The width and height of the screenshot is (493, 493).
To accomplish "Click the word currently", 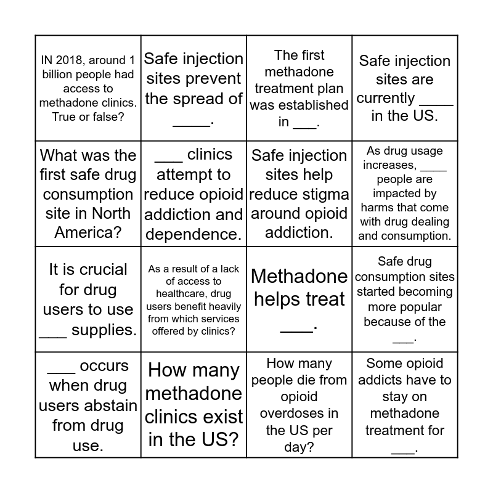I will pos(386,98).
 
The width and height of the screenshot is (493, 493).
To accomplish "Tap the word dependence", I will pos(192,235).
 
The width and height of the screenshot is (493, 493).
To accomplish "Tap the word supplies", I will pos(104,330).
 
